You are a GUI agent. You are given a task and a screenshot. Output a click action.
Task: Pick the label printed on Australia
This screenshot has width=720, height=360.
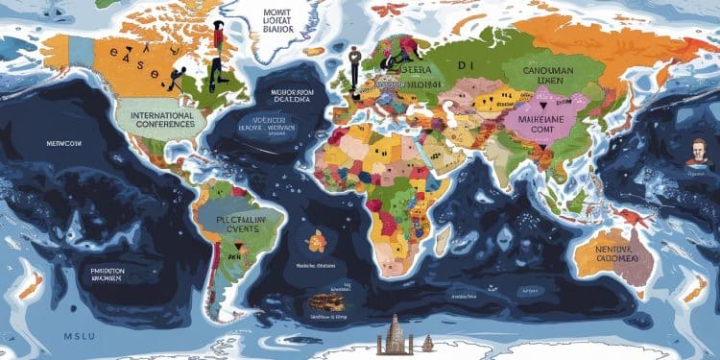[612, 252]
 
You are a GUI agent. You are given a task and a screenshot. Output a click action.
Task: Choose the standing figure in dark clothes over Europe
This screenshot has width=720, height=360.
[353, 65]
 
